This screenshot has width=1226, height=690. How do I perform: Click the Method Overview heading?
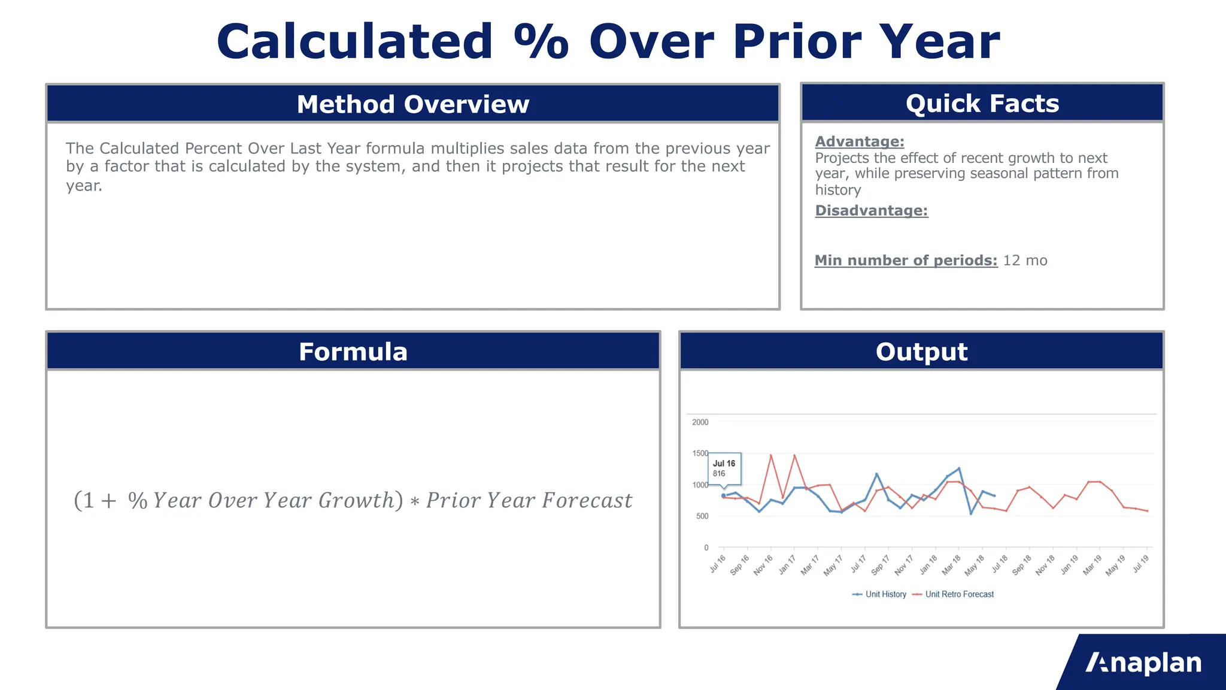tap(413, 104)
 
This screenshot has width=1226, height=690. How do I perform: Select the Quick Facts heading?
tap(982, 104)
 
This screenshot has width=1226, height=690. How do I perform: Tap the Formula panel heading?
tap(353, 352)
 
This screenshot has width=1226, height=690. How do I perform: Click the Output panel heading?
tap(921, 352)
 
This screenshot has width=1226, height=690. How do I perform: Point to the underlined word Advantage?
tap(859, 141)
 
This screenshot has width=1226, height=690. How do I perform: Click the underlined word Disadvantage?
tap(871, 210)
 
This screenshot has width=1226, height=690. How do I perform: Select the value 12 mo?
tap(1025, 261)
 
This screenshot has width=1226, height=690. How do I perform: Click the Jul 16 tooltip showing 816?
tap(724, 468)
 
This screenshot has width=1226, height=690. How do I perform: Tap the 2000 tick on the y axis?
tap(700, 422)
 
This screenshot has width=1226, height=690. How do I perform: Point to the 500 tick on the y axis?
tap(702, 516)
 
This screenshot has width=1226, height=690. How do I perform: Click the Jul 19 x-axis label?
tap(1141, 564)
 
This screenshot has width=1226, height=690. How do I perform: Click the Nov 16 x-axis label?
tap(763, 565)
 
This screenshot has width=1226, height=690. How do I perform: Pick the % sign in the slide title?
tap(541, 42)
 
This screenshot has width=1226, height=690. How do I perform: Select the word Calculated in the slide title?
tap(354, 42)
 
